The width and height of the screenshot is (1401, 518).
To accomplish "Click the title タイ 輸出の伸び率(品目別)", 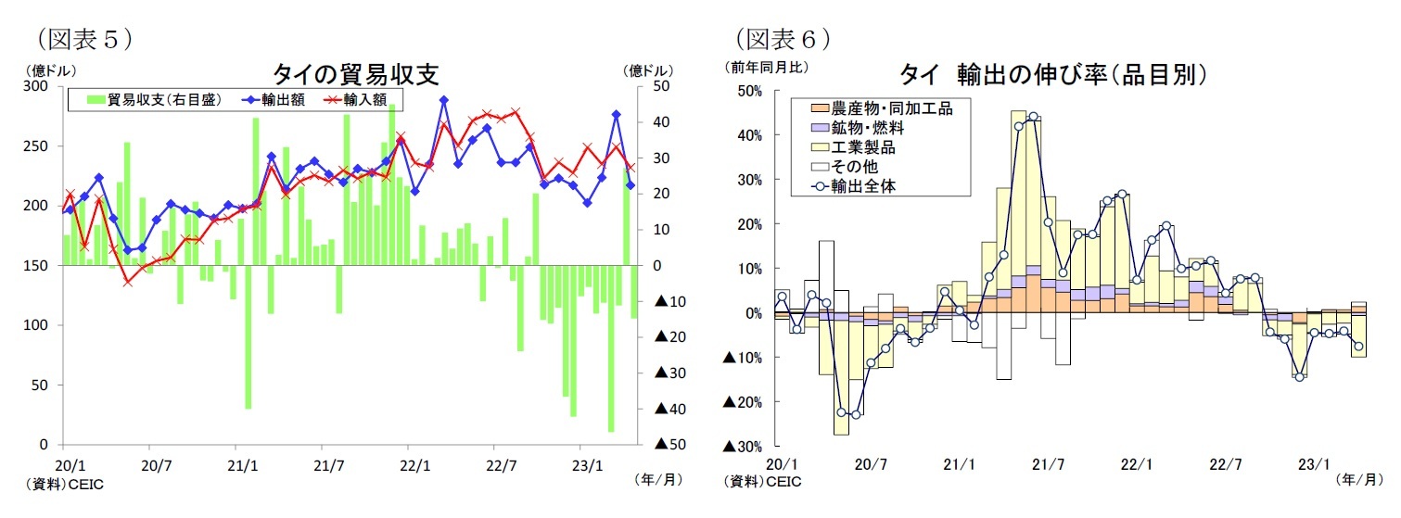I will (x=1051, y=74).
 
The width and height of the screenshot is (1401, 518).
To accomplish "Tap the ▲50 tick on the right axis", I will (x=669, y=446).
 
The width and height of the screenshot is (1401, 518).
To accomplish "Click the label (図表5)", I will (x=84, y=39).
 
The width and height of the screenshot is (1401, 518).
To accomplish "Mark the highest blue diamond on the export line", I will (x=444, y=100).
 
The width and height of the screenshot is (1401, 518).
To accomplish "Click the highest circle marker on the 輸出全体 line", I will (x=1033, y=118).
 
